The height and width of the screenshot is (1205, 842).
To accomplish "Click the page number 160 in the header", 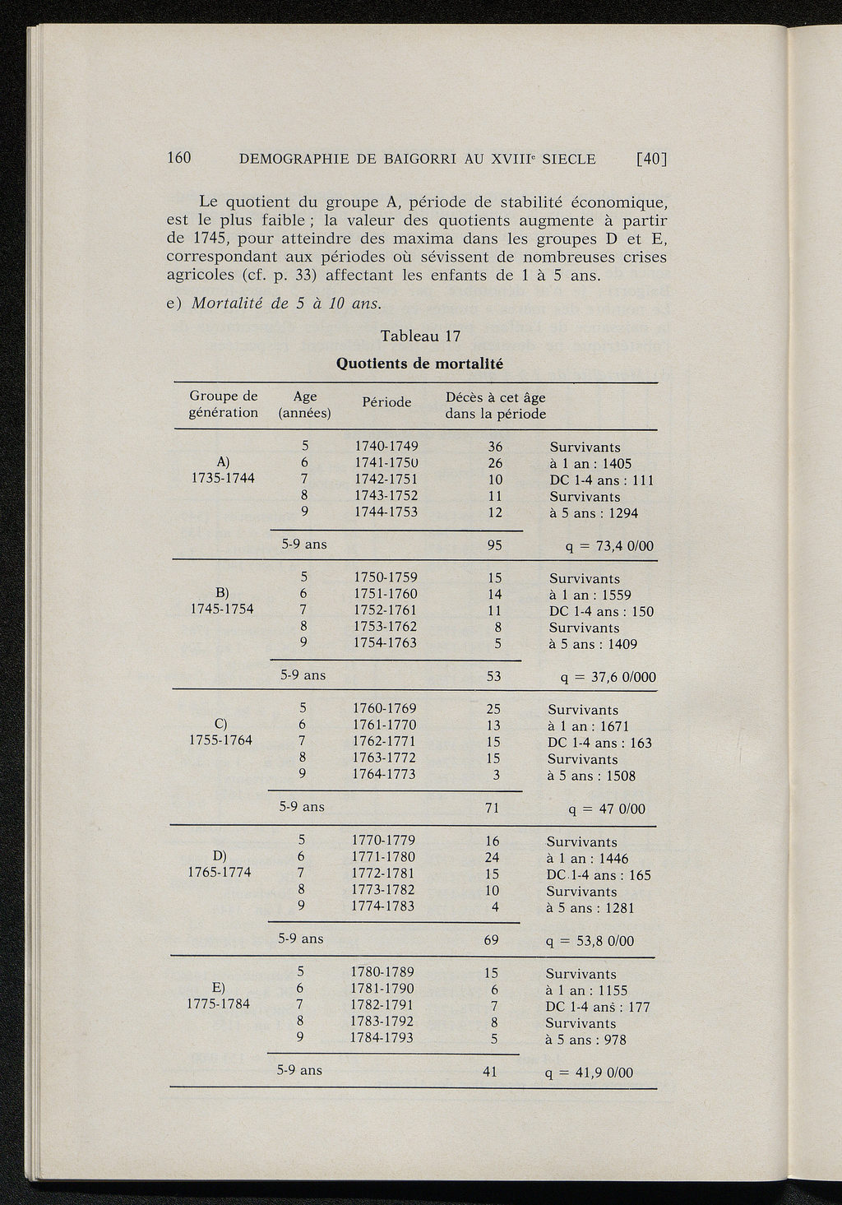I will coord(179,158).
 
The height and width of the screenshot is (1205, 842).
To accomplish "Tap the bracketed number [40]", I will coord(650,159).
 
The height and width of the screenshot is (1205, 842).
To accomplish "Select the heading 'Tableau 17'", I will coord(420,336).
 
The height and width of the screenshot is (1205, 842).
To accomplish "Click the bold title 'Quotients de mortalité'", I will coord(420,363).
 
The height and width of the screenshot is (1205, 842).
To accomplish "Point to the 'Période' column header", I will coord(386,402).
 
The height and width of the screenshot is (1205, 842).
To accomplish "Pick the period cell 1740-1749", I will coord(386,447).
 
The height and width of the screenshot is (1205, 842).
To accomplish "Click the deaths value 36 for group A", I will coord(493,447).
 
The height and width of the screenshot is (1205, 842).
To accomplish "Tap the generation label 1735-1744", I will coord(222,480).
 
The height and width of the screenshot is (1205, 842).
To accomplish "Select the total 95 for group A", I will coord(493,545).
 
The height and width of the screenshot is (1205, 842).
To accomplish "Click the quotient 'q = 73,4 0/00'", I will coord(599,547).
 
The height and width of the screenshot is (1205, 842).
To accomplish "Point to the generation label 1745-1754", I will coord(222,609).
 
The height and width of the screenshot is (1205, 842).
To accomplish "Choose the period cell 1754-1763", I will coord(385,642).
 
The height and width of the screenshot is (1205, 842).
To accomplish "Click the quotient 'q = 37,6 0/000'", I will coord(608,678).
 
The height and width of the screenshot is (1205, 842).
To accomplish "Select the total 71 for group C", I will coord(493,808).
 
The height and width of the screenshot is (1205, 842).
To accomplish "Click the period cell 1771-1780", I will coord(383,857).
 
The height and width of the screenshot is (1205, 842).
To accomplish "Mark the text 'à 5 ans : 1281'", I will coord(590,908).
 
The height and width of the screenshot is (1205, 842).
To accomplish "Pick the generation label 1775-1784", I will coord(219,1004).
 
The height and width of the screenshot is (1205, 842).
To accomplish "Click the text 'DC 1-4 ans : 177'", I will coord(598,1007).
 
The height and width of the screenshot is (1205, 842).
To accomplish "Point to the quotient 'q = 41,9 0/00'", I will coord(589,1073).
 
